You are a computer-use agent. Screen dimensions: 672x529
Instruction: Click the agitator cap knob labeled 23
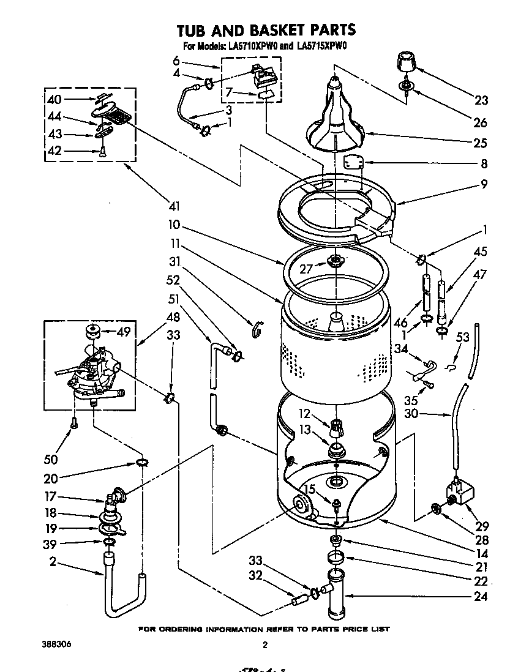click(405, 62)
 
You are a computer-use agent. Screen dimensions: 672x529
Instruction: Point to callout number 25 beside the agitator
click(480, 143)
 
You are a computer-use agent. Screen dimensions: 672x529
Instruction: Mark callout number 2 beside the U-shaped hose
click(53, 561)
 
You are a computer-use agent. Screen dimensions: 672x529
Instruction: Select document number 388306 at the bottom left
click(48, 643)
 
